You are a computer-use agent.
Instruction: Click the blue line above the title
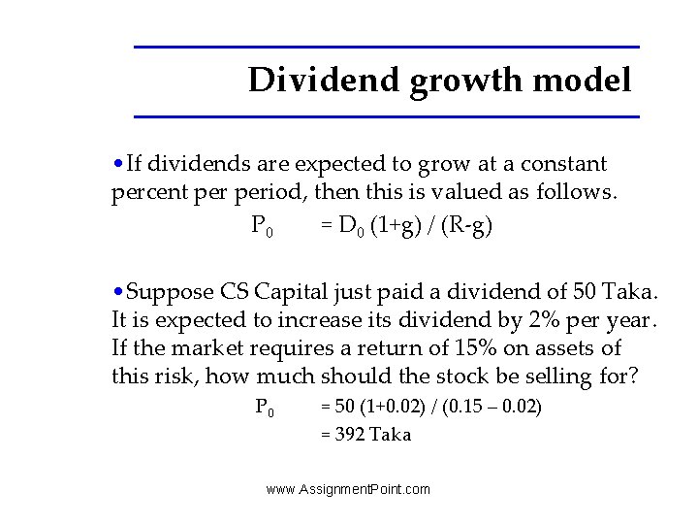tap(386, 47)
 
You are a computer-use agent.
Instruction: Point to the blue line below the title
tap(386, 116)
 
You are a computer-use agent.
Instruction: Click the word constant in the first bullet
tap(563, 164)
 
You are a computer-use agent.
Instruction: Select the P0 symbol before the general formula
tap(262, 227)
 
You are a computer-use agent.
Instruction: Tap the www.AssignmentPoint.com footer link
tap(348, 489)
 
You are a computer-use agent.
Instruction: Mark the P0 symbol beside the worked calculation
tap(264, 407)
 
